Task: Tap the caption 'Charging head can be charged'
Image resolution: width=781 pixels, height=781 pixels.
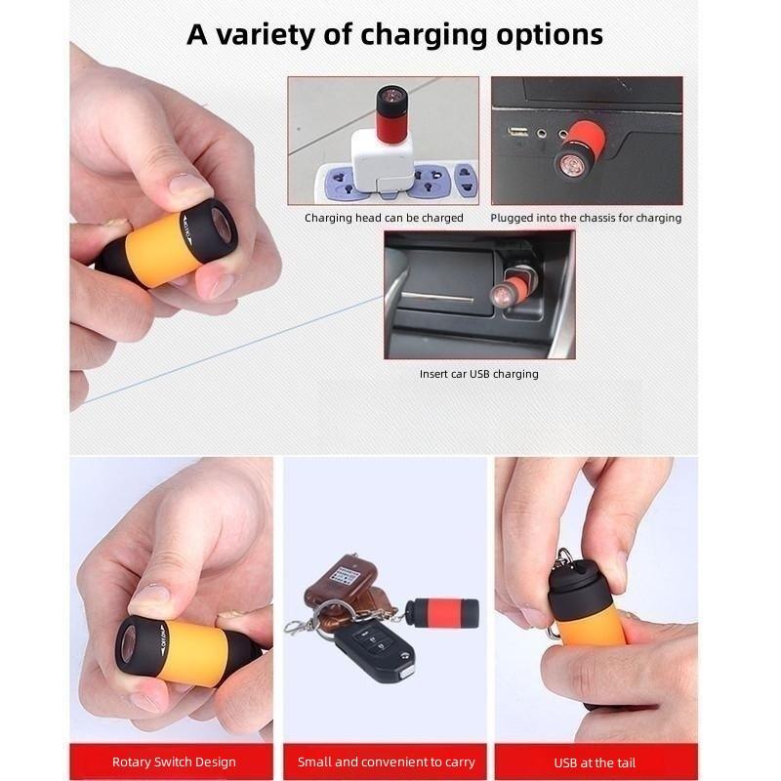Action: (384, 218)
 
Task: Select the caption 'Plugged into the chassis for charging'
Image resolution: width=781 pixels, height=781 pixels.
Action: (586, 218)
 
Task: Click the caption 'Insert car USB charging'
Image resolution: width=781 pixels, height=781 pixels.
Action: (478, 374)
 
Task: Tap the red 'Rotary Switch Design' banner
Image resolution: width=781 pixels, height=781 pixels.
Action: (174, 761)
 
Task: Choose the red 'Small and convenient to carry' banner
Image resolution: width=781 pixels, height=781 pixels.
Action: (386, 761)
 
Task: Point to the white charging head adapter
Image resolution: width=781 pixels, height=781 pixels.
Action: (382, 157)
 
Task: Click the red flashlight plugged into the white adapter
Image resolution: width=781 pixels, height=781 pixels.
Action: (392, 111)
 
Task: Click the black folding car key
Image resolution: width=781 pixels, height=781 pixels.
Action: (375, 653)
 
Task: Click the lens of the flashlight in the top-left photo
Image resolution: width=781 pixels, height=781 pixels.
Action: (223, 229)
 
